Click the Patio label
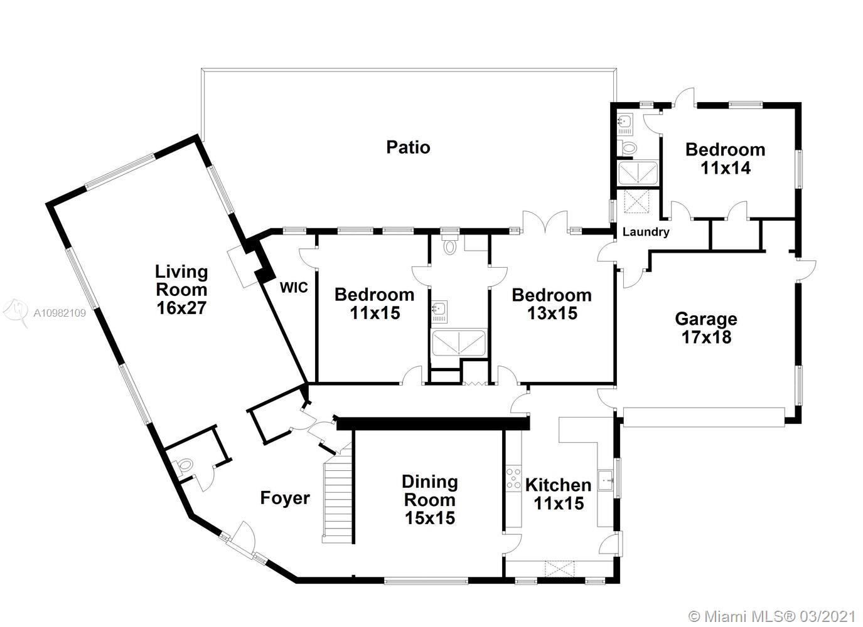click(x=408, y=147)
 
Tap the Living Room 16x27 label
click(x=181, y=290)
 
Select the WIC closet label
click(x=294, y=288)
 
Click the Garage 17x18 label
click(x=706, y=328)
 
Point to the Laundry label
click(x=646, y=232)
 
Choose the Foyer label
click(x=285, y=498)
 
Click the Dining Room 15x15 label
click(x=430, y=500)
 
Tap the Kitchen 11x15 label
click(x=558, y=494)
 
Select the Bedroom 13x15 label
click(x=552, y=305)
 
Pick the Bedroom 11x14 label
click(x=726, y=159)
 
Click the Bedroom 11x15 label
click(x=375, y=304)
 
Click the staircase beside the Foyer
click(x=338, y=497)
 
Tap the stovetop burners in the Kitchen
click(x=513, y=478)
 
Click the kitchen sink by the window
click(x=606, y=480)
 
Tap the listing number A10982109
click(x=60, y=313)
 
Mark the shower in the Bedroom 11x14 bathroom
click(x=638, y=172)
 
